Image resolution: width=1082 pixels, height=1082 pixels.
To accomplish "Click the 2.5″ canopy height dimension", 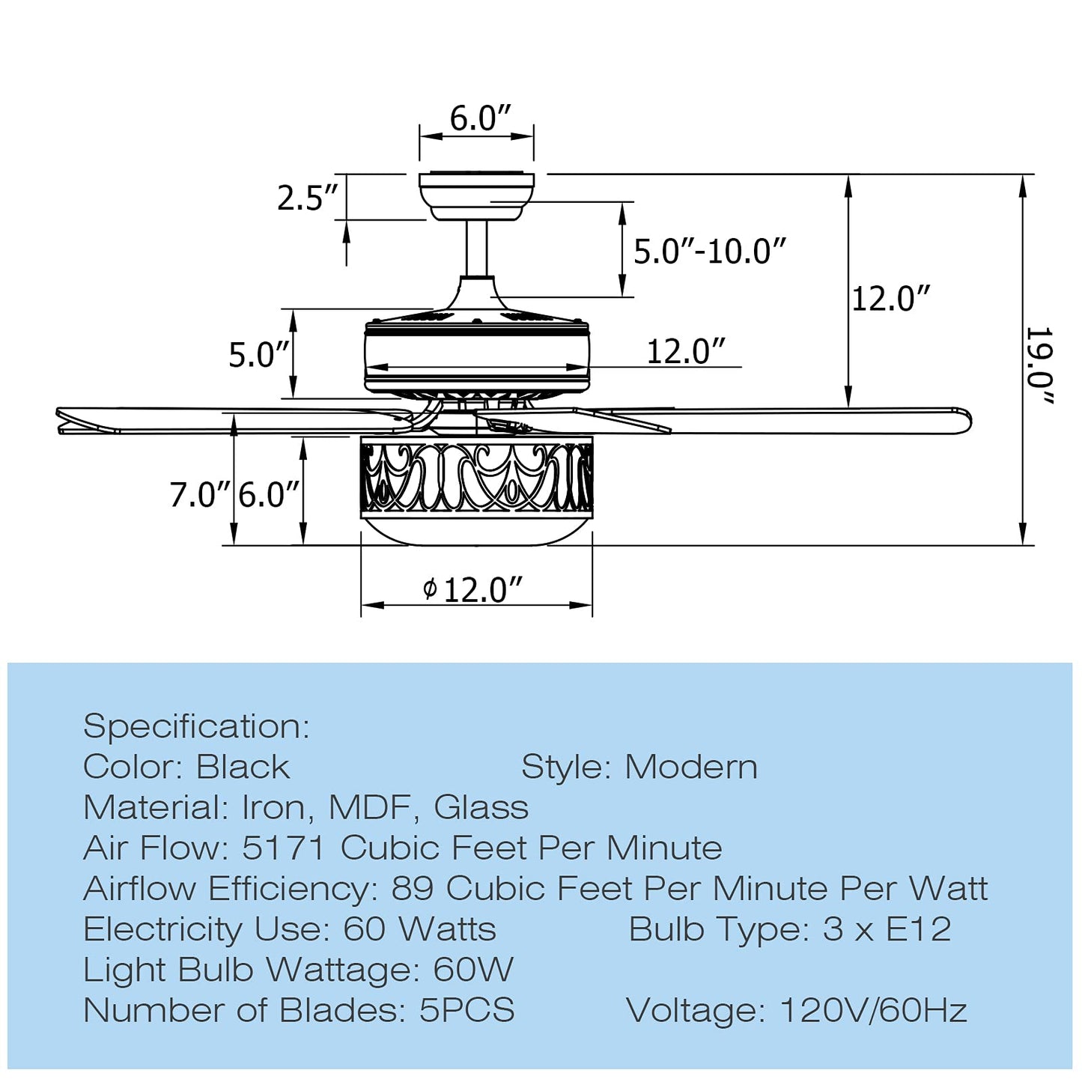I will (x=308, y=198).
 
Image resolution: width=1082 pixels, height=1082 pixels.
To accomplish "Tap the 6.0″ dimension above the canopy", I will (x=480, y=118).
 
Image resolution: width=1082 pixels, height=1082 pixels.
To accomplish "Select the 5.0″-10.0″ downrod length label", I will (x=710, y=251).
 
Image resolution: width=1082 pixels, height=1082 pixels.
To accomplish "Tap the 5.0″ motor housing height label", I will (x=259, y=354).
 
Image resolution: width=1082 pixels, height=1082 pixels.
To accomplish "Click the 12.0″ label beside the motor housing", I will (x=686, y=351).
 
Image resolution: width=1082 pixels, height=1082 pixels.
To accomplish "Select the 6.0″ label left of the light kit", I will (x=269, y=495).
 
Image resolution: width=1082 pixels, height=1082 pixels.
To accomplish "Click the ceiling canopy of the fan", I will (x=476, y=196).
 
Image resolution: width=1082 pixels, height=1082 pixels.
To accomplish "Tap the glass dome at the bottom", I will (x=476, y=530).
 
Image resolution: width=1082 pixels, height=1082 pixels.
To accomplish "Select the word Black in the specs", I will (x=243, y=767).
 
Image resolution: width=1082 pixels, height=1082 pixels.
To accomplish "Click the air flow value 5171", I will (x=284, y=848).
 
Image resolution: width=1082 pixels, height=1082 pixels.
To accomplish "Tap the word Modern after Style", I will (x=691, y=767).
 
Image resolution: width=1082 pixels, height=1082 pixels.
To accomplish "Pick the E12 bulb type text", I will (x=919, y=929).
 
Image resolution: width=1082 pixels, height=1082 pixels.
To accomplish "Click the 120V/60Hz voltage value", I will (x=873, y=1010).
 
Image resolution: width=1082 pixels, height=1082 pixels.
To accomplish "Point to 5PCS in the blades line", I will (x=466, y=1010).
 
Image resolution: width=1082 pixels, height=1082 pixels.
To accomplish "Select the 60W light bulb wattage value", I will (x=473, y=970).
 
